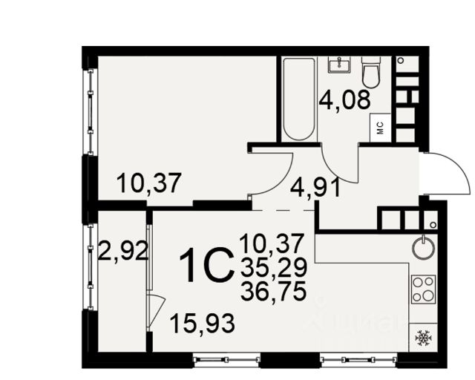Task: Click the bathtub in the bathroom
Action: tap(298, 99)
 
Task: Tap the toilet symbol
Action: tap(371, 72)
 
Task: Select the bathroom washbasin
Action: tap(339, 65)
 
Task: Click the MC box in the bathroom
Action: tap(381, 128)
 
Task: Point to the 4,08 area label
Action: tap(344, 99)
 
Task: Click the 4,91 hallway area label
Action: tap(315, 188)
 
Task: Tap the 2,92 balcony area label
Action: tap(123, 251)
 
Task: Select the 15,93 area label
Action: tap(203, 323)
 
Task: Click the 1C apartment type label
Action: tap(207, 265)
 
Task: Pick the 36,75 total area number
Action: tap(273, 292)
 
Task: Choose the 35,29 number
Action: tap(274, 268)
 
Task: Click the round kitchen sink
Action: tap(423, 248)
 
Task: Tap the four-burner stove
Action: tap(423, 289)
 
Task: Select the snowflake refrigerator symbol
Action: tap(423, 338)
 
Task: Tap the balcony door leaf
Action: tap(157, 312)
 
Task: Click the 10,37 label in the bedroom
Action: tap(149, 183)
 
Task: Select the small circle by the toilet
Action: tap(401, 60)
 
